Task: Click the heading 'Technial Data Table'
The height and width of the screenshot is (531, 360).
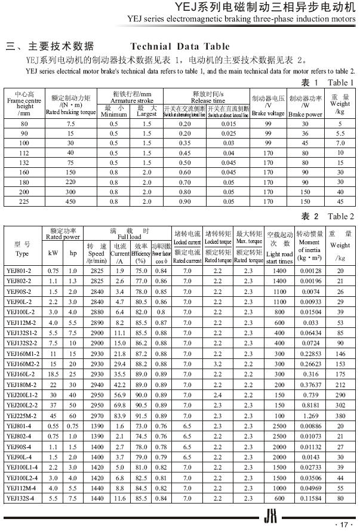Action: tap(180, 47)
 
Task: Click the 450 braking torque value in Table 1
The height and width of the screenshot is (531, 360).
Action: tap(71, 201)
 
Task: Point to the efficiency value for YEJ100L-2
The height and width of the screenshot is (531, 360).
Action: tap(141, 312)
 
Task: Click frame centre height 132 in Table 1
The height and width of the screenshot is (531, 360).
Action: tap(24, 162)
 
